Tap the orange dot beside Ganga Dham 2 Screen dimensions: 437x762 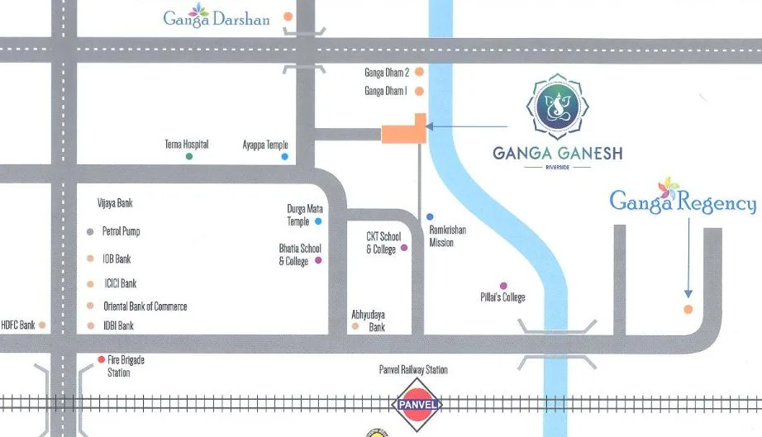[x=419, y=73]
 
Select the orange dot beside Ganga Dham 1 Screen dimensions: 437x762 [x=419, y=92]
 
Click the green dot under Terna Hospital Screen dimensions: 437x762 [x=189, y=156]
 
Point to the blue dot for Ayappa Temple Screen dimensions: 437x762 [x=285, y=156]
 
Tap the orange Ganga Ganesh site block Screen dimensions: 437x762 [x=404, y=133]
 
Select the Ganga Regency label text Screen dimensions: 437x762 [x=682, y=201]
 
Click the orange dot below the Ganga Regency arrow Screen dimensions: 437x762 [x=688, y=310]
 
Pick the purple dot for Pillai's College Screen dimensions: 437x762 [x=503, y=286]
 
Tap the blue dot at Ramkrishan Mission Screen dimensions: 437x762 [x=430, y=217]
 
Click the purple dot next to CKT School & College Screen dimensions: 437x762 [x=404, y=248]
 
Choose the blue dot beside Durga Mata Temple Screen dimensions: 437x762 [x=318, y=221]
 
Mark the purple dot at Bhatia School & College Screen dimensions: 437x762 [x=318, y=261]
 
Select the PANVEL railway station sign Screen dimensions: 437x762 [x=417, y=405]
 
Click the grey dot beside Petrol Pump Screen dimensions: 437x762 [x=91, y=232]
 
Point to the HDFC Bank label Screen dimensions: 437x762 [x=17, y=325]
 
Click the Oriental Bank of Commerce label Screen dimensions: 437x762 [x=145, y=306]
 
